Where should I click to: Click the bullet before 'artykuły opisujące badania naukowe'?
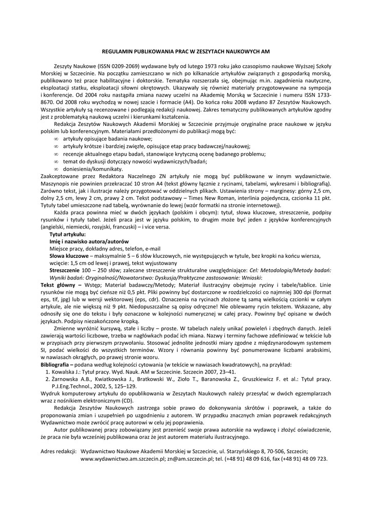tap(56, 139)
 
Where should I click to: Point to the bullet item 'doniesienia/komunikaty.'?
tap(92, 168)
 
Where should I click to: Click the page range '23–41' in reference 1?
tap(226, 371)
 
